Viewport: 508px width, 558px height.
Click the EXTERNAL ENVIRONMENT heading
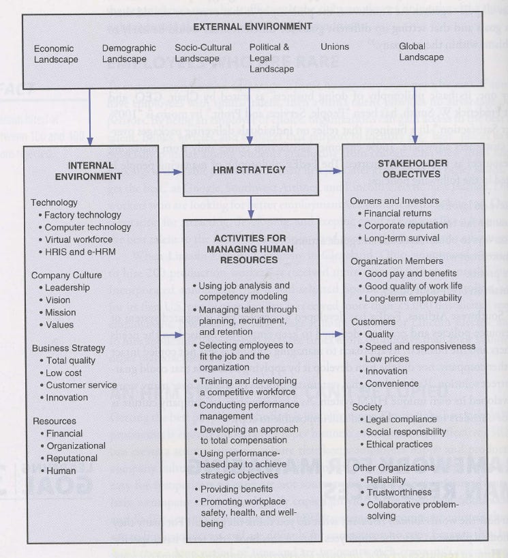point(253,27)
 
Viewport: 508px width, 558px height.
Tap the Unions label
point(335,47)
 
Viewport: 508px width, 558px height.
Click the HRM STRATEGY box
point(250,169)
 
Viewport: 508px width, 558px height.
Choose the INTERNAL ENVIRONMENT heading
point(95,171)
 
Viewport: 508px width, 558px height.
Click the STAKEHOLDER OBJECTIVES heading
point(413,168)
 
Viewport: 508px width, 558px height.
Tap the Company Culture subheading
point(67,276)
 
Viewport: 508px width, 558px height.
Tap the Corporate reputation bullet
point(406,226)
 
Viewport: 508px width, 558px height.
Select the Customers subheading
point(372,321)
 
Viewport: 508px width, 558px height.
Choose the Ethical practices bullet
point(399,444)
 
